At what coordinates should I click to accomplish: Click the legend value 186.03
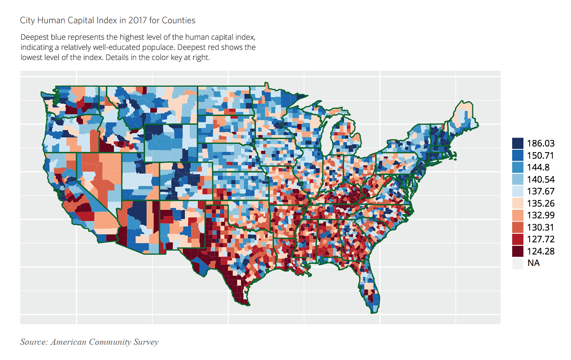click(541, 143)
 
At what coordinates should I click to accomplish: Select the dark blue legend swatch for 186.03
click(517, 143)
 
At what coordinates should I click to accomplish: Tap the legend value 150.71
click(541, 155)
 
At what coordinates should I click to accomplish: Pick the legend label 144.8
click(538, 167)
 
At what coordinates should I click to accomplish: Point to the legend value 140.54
click(541, 179)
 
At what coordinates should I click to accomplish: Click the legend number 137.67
click(541, 191)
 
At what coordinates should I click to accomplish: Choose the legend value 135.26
click(541, 203)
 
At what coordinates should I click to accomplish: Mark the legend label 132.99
click(541, 215)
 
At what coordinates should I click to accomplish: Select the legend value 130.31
click(541, 227)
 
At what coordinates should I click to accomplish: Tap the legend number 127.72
click(541, 239)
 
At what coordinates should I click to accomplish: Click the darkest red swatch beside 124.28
click(517, 251)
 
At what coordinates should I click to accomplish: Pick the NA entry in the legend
click(533, 263)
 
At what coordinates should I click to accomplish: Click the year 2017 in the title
click(138, 20)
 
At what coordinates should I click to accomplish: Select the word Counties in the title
click(178, 20)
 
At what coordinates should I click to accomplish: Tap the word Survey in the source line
click(146, 342)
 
